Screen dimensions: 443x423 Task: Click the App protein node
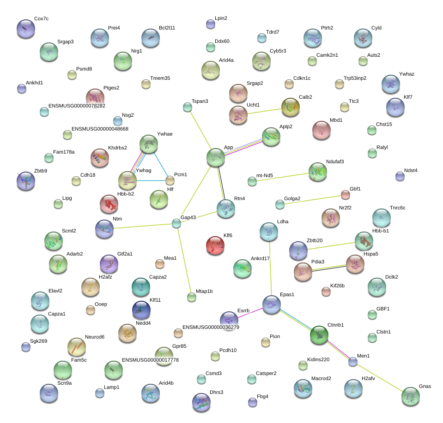(216, 157)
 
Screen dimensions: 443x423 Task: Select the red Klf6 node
(215, 245)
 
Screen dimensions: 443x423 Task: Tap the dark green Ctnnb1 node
(319, 335)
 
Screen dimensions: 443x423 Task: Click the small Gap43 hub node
(176, 223)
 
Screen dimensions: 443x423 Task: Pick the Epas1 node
(271, 304)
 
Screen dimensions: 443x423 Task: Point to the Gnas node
(411, 396)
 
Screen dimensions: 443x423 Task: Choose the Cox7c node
(26, 29)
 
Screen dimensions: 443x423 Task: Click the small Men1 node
(352, 362)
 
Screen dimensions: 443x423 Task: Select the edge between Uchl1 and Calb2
(264, 111)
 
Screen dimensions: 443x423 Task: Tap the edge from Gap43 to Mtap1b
(184, 261)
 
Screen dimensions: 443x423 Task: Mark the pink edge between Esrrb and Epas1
(250, 313)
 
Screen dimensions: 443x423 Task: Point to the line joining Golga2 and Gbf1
(313, 200)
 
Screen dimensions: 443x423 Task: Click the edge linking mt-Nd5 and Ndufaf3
(283, 177)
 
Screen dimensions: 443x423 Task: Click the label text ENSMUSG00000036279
(211, 327)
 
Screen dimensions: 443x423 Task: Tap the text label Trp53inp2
(355, 78)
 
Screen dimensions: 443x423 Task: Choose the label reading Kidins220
(318, 359)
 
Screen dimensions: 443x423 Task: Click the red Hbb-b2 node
(109, 204)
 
